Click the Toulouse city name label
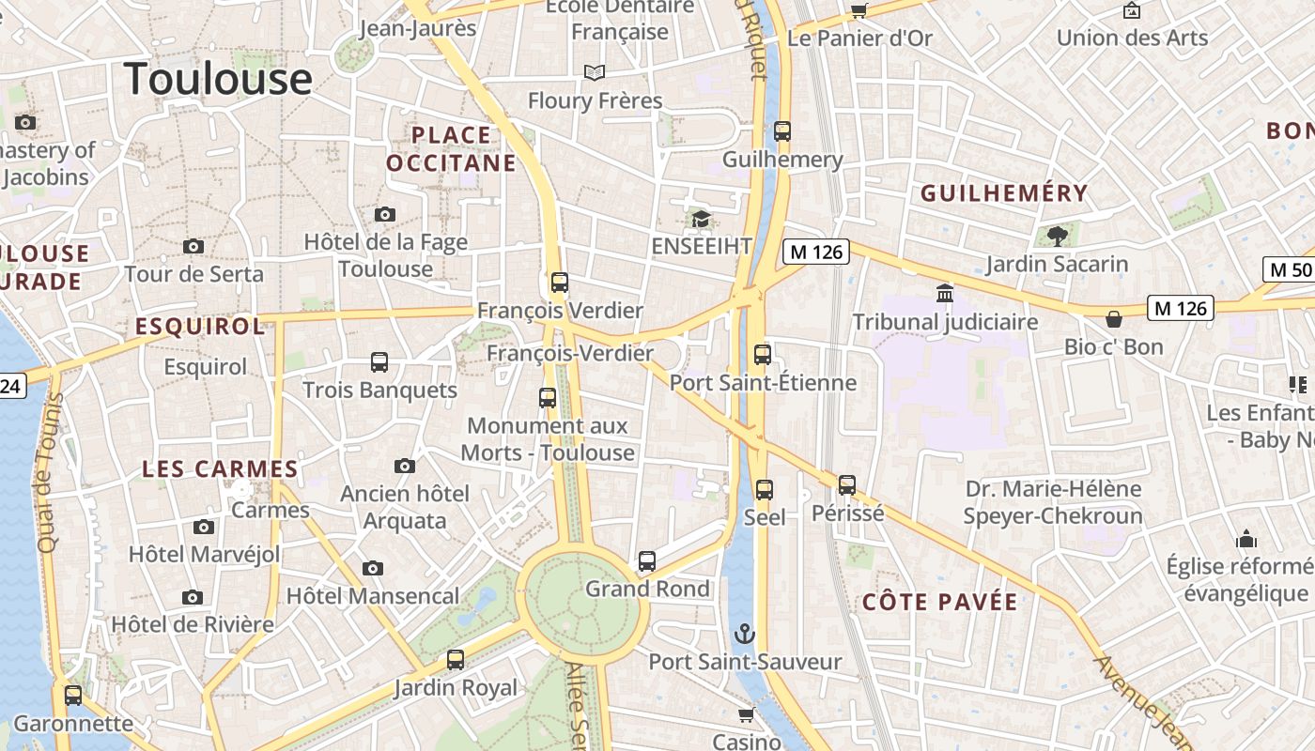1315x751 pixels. point(218,78)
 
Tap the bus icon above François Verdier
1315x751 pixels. point(560,282)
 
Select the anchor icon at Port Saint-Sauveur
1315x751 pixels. point(745,634)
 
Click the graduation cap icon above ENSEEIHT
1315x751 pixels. point(701,219)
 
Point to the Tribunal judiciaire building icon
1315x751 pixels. point(945,294)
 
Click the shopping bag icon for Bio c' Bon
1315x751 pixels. point(1114,319)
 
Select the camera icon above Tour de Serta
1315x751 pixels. point(193,246)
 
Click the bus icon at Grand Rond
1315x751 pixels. point(647,561)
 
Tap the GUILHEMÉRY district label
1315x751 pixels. point(1004,194)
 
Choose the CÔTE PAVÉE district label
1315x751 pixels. point(939,603)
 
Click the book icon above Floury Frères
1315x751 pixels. point(594,72)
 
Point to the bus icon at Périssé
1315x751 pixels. point(847,485)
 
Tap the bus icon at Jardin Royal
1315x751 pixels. point(456,660)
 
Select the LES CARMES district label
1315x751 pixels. point(220,468)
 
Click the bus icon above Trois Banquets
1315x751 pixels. point(379,362)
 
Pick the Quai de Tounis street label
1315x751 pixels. point(49,472)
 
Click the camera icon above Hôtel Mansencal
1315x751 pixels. point(373,568)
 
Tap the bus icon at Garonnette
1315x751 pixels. point(73,696)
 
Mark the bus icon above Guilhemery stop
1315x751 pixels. point(782,131)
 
